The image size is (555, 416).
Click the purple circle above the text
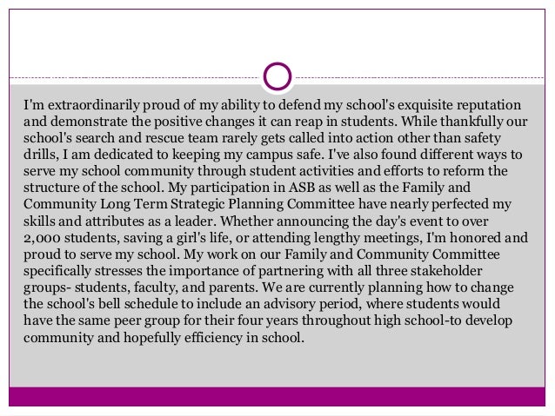(x=277, y=76)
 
